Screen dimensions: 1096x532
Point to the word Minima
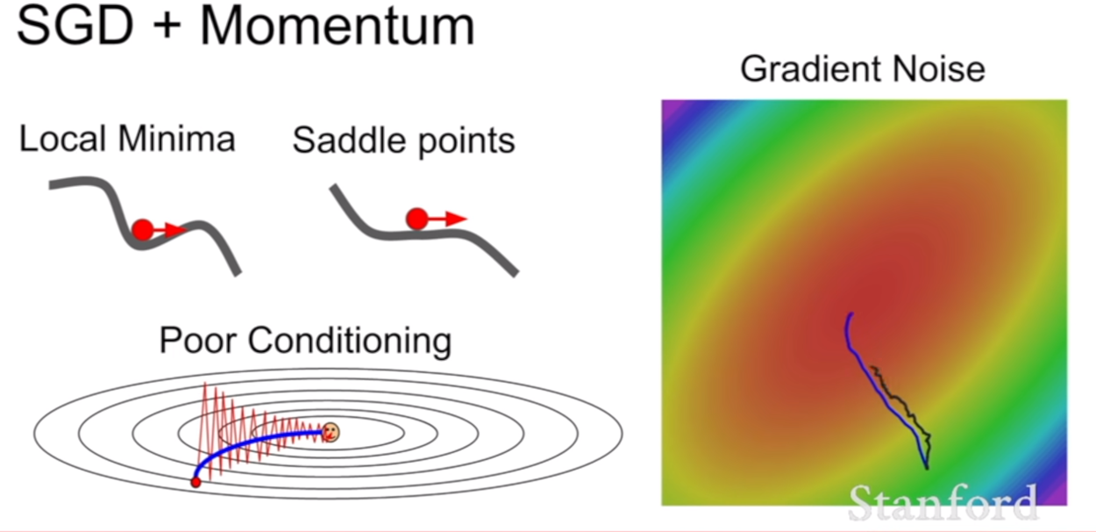176,139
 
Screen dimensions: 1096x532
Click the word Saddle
349,140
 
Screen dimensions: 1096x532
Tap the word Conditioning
350,341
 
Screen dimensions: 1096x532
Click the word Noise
938,69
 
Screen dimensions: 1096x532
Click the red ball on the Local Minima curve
143,230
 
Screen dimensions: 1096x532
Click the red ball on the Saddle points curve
416,219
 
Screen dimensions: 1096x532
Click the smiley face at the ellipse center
331,433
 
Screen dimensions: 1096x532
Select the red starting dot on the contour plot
196,483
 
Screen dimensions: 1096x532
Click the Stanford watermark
943,504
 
